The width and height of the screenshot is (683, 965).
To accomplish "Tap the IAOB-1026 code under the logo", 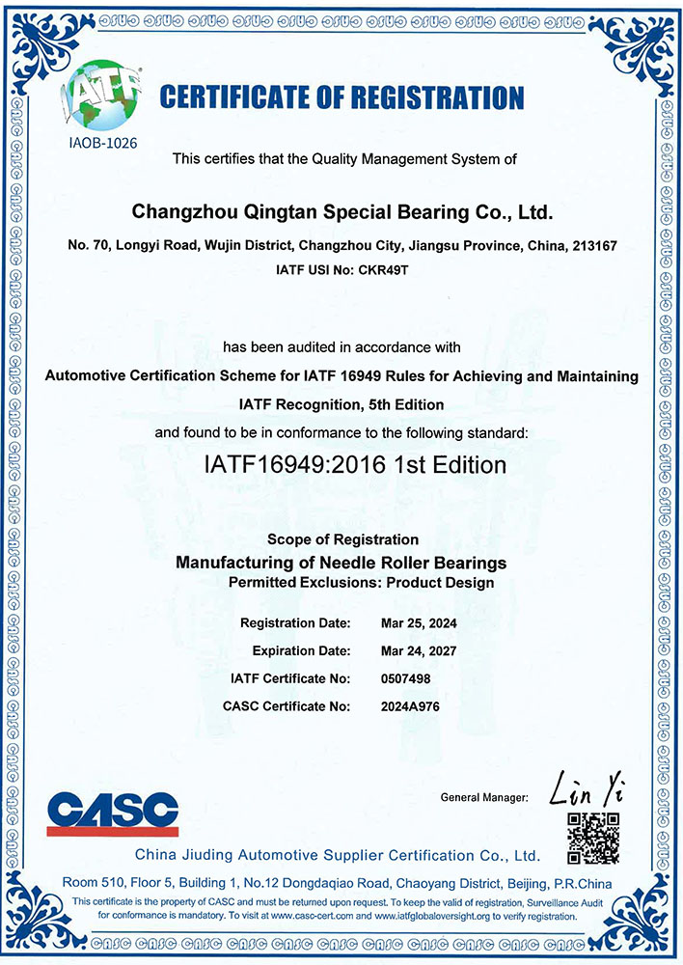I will pyautogui.click(x=101, y=143).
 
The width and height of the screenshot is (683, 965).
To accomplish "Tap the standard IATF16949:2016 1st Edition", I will pyautogui.click(x=355, y=464).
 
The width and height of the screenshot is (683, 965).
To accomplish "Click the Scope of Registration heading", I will pyautogui.click(x=342, y=539).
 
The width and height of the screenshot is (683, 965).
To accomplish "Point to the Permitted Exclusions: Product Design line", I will pyautogui.click(x=361, y=582).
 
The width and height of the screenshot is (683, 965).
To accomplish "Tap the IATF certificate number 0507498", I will pyautogui.click(x=407, y=678).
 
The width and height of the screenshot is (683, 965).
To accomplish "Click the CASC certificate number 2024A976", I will pyautogui.click(x=410, y=706).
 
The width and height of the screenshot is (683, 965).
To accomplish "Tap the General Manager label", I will pyautogui.click(x=483, y=798).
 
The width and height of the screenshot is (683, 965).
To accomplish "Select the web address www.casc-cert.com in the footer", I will pyautogui.click(x=299, y=912).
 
